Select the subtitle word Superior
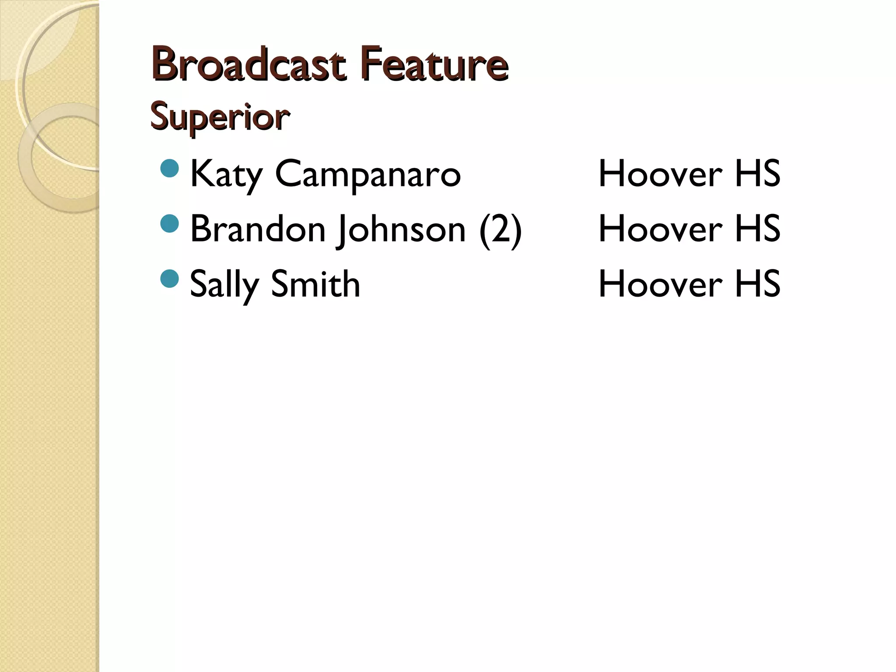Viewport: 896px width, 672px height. point(220,117)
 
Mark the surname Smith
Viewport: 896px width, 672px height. point(315,284)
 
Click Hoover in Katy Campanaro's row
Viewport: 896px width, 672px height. point(660,174)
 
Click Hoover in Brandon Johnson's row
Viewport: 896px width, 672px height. point(660,229)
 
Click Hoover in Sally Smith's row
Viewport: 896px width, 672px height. point(660,284)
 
